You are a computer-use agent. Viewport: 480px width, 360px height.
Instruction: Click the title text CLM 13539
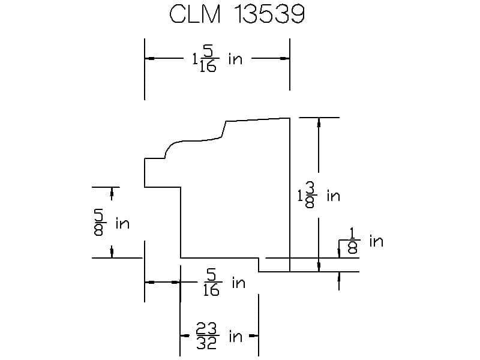(237, 14)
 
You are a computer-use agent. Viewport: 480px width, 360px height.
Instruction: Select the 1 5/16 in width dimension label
(217, 58)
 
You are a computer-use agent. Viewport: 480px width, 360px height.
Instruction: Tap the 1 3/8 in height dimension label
(319, 196)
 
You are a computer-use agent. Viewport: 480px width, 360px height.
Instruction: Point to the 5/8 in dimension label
(112, 223)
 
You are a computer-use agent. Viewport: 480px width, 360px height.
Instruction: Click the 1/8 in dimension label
(365, 241)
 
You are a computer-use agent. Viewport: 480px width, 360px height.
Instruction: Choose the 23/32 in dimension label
(219, 336)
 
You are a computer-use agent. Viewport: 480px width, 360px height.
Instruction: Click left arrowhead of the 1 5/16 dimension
(149, 58)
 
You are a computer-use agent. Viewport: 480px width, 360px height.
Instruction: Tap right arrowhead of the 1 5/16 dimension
(285, 58)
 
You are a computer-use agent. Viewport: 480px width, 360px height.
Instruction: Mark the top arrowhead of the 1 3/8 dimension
(319, 122)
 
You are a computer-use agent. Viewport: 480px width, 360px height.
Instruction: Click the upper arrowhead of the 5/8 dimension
(112, 192)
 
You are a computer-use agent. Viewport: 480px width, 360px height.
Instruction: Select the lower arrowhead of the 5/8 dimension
(112, 253)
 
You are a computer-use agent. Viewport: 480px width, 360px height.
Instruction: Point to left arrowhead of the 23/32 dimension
(185, 336)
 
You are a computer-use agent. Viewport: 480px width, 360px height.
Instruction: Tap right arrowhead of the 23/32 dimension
(254, 336)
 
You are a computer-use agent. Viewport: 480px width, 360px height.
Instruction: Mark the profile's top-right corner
(290, 118)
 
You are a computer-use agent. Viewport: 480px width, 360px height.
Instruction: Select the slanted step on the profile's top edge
(224, 128)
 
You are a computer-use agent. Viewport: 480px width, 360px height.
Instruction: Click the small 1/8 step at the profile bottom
(259, 265)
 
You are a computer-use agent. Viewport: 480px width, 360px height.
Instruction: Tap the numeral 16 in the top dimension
(208, 66)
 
